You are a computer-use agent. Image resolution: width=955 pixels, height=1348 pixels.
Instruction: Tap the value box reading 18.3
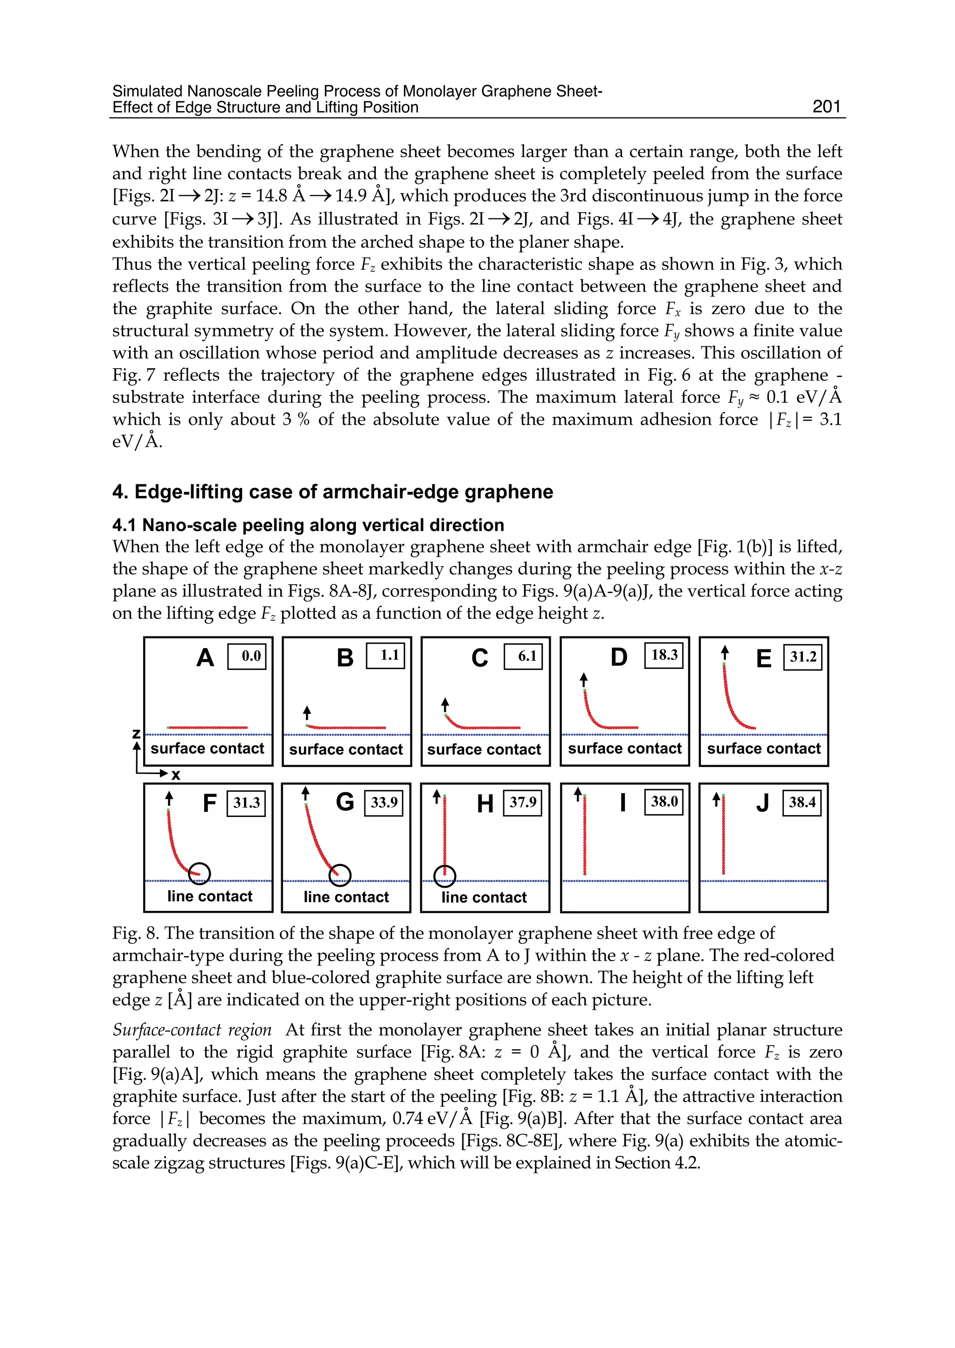tap(664, 655)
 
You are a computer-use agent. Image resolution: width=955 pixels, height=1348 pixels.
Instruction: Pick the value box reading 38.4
tap(802, 803)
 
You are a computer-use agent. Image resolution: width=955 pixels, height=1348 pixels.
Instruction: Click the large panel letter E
tap(763, 658)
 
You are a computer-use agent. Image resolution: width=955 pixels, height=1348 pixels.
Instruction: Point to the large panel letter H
tap(484, 804)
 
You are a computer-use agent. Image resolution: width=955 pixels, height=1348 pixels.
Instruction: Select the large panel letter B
tap(345, 658)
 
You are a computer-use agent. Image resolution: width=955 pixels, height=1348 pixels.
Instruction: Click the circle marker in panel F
tap(200, 873)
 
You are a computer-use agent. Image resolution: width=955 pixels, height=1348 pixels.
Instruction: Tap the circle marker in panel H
tap(444, 876)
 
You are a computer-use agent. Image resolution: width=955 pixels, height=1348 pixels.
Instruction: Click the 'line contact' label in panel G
tap(346, 897)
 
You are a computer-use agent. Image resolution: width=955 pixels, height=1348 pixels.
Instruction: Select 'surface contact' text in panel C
tap(484, 750)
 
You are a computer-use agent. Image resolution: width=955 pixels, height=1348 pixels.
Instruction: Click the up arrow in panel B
tap(307, 712)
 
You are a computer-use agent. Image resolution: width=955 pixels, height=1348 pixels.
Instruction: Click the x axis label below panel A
tap(175, 775)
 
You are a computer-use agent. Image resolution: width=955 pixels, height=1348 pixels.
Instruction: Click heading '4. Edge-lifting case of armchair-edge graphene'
tap(332, 492)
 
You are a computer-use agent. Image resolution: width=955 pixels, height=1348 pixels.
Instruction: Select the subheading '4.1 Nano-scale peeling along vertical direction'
tap(308, 525)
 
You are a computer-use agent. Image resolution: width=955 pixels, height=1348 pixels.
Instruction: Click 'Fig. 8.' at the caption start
tap(135, 933)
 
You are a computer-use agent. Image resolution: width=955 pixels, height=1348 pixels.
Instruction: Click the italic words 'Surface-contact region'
tap(192, 1030)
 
